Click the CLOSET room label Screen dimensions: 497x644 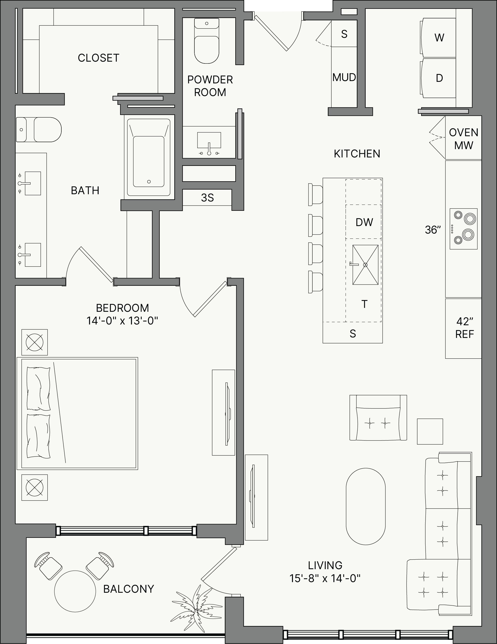98,58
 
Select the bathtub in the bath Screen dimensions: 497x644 149,157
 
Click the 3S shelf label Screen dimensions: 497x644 207,198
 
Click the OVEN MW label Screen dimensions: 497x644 464,139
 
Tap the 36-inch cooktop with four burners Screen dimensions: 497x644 463,229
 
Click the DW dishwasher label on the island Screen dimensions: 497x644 364,222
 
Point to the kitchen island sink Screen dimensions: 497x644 365,265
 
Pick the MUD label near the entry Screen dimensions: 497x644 344,77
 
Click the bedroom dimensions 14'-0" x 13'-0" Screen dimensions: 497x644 122,321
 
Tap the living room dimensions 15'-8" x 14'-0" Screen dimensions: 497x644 325,578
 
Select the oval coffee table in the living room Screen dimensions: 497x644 366,506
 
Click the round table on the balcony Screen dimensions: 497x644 75,591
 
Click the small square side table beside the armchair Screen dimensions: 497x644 430,431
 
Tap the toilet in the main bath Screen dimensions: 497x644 39,129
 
